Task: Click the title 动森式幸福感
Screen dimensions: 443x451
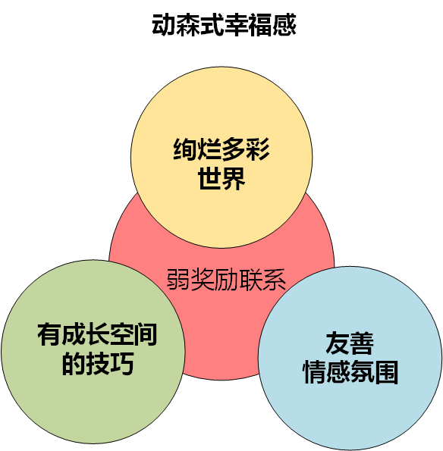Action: tap(224, 25)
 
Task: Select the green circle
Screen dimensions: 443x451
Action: tap(93, 352)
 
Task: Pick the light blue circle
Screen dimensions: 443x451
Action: tap(350, 358)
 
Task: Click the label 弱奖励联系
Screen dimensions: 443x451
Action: tap(226, 279)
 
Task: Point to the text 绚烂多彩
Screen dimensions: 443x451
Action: tap(221, 149)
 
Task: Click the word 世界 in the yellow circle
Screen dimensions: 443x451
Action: tap(221, 178)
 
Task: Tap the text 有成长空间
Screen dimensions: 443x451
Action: tap(97, 334)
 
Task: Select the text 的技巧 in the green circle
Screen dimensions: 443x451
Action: tap(98, 364)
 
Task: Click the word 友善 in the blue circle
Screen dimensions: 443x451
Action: tap(350, 343)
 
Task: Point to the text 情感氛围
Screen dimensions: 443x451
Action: tap(350, 372)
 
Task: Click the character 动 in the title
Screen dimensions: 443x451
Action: tap(164, 25)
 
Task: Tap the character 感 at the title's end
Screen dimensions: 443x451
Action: tap(284, 25)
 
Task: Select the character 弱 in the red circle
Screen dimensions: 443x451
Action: tap(178, 279)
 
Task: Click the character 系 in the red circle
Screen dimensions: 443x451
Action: tap(275, 279)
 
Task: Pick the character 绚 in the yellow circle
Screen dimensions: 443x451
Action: tap(185, 149)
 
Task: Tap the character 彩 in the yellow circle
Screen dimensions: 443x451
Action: tap(258, 149)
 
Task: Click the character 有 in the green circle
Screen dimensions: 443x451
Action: tap(49, 334)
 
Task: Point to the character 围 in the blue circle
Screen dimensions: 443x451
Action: tap(386, 372)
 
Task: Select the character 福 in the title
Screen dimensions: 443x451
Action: tap(260, 25)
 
